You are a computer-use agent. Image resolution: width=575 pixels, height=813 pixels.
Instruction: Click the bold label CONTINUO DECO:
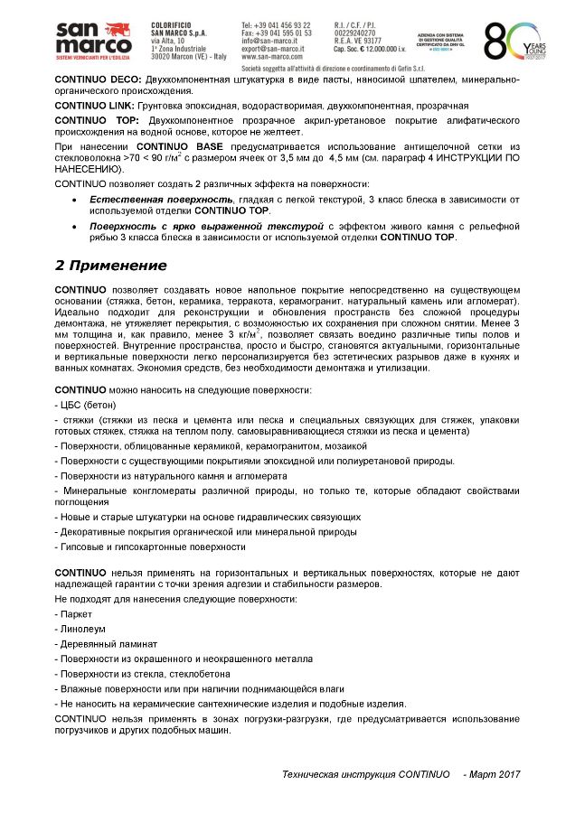click(x=93, y=80)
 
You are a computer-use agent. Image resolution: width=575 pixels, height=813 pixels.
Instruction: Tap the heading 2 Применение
click(x=111, y=266)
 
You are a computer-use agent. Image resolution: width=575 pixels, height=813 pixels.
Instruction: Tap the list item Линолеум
click(x=82, y=630)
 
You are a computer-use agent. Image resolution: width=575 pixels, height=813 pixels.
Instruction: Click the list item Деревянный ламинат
click(x=108, y=644)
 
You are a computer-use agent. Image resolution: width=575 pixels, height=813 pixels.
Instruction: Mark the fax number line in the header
click(x=276, y=33)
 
